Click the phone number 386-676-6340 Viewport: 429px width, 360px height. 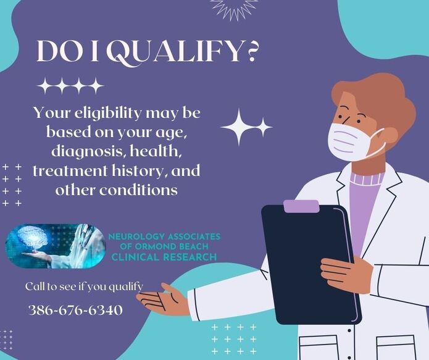click(75, 310)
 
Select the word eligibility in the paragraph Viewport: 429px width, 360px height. click(109, 114)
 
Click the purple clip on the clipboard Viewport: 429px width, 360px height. click(301, 206)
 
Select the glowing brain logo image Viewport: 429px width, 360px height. click(56, 246)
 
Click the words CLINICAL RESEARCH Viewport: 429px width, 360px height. click(164, 257)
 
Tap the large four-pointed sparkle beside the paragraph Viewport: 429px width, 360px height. click(239, 127)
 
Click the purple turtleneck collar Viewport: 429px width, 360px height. click(365, 178)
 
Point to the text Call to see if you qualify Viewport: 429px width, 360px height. click(84, 287)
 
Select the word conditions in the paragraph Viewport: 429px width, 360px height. click(138, 190)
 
